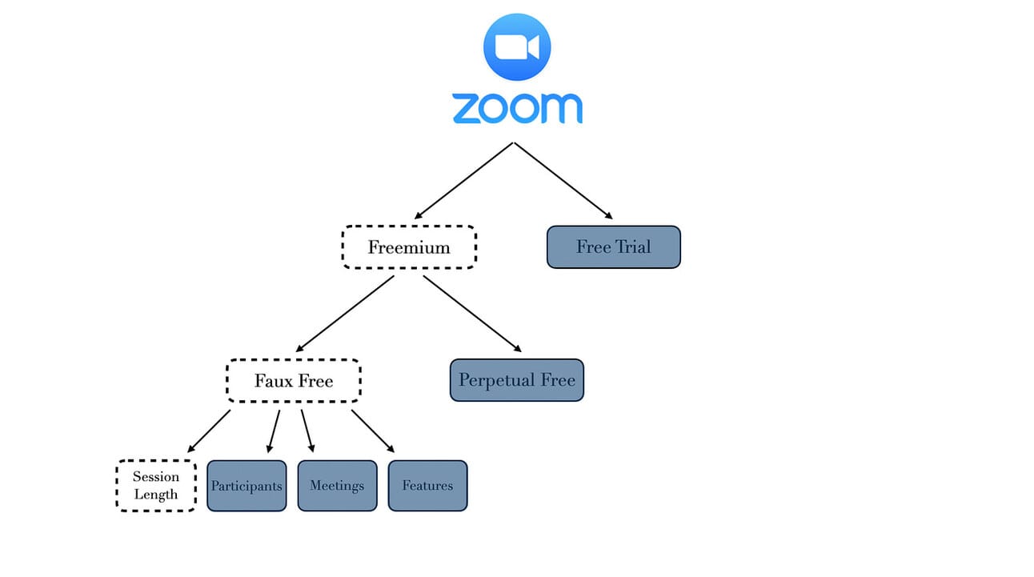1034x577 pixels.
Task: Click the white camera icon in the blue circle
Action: click(x=517, y=46)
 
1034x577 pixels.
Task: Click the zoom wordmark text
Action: click(x=517, y=109)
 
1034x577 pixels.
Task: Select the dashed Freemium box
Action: click(x=409, y=247)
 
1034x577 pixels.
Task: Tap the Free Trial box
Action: click(x=613, y=247)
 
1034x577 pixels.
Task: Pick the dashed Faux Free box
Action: click(x=294, y=381)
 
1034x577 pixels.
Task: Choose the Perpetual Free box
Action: click(x=517, y=380)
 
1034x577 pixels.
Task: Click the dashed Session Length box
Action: click(x=156, y=486)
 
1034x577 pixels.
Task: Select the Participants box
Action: click(x=246, y=486)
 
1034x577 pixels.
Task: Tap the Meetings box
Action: click(x=337, y=486)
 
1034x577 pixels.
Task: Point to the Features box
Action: click(x=427, y=486)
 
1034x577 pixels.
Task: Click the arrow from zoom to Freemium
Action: click(x=463, y=181)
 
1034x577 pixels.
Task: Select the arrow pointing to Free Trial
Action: click(x=563, y=181)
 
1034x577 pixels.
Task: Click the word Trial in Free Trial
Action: click(x=632, y=247)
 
